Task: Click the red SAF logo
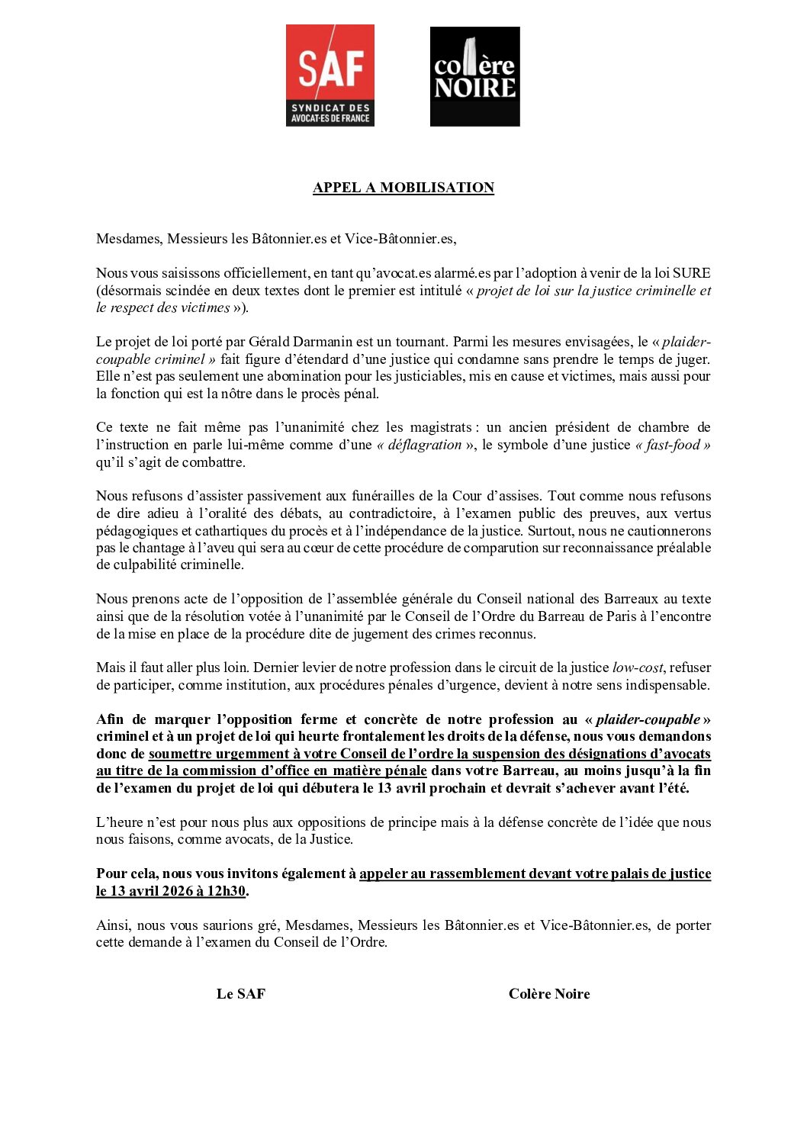click(330, 75)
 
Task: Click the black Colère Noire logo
click(474, 76)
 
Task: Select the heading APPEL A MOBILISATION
click(403, 188)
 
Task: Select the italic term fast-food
click(672, 445)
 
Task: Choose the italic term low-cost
click(638, 668)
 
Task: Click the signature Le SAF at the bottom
click(241, 993)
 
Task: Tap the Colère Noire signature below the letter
click(549, 993)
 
